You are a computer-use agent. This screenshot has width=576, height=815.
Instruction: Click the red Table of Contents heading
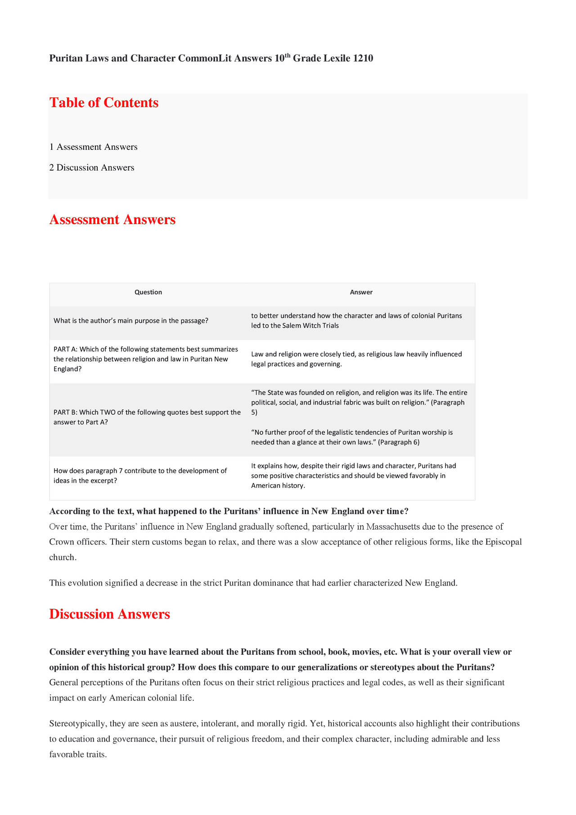[x=104, y=103]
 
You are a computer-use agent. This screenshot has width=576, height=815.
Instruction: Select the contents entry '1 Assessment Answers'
[x=94, y=147]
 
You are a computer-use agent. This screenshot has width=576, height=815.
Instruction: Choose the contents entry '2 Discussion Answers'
[x=92, y=167]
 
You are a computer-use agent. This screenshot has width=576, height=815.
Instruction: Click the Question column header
[x=148, y=292]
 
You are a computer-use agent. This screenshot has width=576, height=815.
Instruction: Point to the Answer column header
[x=361, y=292]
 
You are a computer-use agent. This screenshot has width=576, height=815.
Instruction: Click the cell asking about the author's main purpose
[x=130, y=320]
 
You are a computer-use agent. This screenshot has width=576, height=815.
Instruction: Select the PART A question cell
[x=146, y=359]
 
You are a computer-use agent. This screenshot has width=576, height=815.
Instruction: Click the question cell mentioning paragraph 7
[x=140, y=475]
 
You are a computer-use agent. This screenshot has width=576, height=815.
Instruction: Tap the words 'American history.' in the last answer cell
[x=278, y=486]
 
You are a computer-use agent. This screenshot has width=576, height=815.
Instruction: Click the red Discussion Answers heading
[x=109, y=614]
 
